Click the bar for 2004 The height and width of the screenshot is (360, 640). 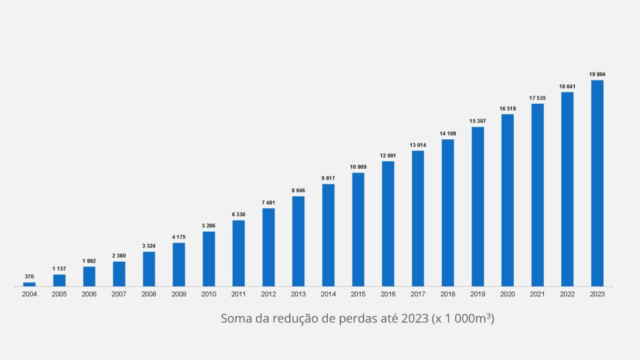pyautogui.click(x=29, y=284)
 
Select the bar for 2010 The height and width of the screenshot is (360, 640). pyautogui.click(x=209, y=259)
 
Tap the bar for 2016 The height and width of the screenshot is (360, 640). pyautogui.click(x=388, y=224)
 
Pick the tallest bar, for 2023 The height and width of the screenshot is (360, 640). pyautogui.click(x=597, y=183)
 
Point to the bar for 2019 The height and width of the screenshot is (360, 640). pyautogui.click(x=478, y=206)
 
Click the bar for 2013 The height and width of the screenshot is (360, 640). pyautogui.click(x=298, y=241)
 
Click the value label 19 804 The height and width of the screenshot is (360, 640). pyautogui.click(x=597, y=74)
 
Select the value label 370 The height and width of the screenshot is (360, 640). pyautogui.click(x=29, y=276)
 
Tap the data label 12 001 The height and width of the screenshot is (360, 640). pyautogui.click(x=388, y=156)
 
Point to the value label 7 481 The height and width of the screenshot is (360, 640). pyautogui.click(x=269, y=202)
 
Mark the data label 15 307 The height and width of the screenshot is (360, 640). pyautogui.click(x=478, y=121)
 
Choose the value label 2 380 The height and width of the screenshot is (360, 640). pyautogui.click(x=119, y=256)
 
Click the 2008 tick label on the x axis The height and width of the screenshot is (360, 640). pyautogui.click(x=149, y=294)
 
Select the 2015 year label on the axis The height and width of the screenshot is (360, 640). pyautogui.click(x=358, y=294)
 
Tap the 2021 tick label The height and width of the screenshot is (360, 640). pyautogui.click(x=537, y=294)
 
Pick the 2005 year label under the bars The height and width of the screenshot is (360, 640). pyautogui.click(x=59, y=294)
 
